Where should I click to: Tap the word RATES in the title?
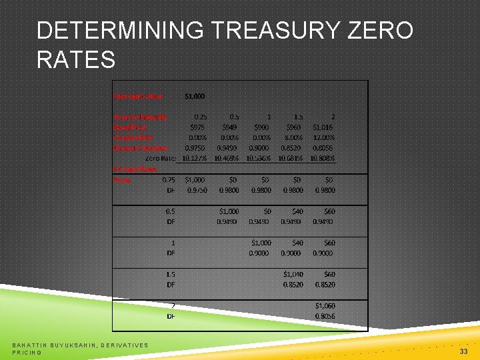click(76, 60)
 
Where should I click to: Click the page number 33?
click(463, 351)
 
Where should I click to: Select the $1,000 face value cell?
click(194, 96)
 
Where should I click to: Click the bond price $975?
click(198, 127)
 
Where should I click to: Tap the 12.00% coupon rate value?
click(324, 137)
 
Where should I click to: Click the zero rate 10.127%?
click(195, 158)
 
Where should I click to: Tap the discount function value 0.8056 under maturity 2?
click(324, 148)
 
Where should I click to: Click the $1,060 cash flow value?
click(325, 306)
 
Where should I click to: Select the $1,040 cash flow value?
click(293, 274)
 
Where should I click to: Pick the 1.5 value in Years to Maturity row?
click(294, 117)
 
